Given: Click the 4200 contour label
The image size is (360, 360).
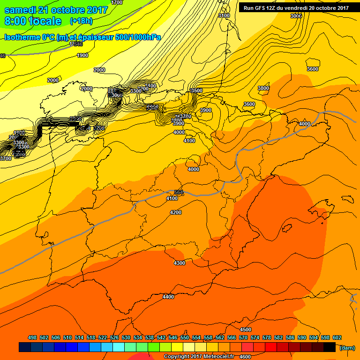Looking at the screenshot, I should (x=176, y=212).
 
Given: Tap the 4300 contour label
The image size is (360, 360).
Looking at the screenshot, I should (x=180, y=263).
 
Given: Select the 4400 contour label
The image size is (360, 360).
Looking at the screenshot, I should (x=168, y=297).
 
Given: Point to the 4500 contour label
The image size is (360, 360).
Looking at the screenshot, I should (x=246, y=330).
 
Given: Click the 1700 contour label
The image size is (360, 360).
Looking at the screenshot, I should (x=117, y=3).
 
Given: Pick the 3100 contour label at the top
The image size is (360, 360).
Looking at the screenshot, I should (x=224, y=15).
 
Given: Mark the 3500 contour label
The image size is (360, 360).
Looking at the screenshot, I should (x=197, y=90).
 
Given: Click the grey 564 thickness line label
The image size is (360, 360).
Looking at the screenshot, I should (x=179, y=193).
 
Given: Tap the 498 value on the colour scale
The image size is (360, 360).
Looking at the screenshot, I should (x=32, y=338).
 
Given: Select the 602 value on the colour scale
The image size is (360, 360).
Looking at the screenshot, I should (x=337, y=338).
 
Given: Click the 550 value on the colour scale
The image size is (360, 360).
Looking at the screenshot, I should (x=185, y=338).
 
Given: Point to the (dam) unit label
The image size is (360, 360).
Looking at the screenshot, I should (x=347, y=347).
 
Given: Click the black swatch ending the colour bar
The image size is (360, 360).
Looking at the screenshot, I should (x=330, y=347).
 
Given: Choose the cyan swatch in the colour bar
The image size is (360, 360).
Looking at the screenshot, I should (x=119, y=347).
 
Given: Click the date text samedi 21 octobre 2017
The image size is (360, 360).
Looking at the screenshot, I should (x=51, y=10).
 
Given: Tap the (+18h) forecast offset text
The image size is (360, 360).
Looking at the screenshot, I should (x=81, y=21).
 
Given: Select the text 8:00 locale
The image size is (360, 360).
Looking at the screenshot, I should (x=33, y=21).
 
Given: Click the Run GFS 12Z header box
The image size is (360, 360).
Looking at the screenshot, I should (x=296, y=7).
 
